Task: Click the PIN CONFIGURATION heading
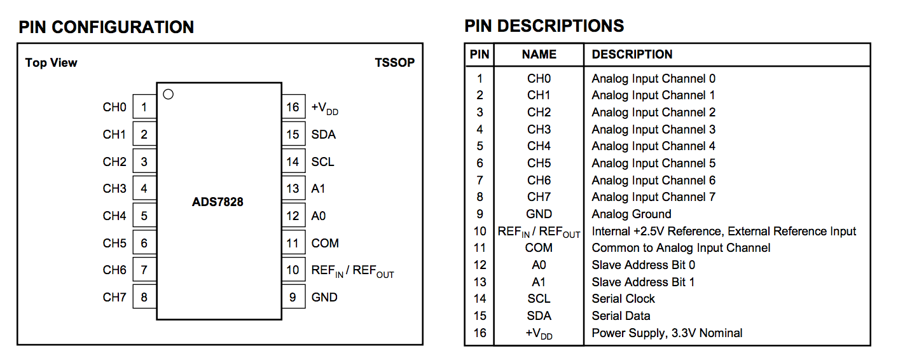pos(106,27)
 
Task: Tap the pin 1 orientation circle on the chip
pos(168,95)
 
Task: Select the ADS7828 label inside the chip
pos(218,202)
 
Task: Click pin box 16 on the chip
pos(293,107)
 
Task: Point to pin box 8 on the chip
pos(144,297)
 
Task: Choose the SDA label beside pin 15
pos(323,134)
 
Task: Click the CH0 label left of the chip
pos(114,107)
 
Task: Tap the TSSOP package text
pos(394,62)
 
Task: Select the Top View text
pos(51,62)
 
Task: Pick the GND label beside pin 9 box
pos(324,297)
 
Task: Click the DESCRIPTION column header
pos(632,55)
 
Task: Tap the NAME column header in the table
pos(539,55)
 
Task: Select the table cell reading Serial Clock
pos(623,298)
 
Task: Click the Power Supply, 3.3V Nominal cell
pos(667,333)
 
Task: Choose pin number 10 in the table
pos(480,231)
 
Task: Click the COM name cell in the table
pos(539,247)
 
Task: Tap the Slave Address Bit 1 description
pos(643,282)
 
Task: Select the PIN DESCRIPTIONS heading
pos(544,26)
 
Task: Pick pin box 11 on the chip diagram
pos(293,243)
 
